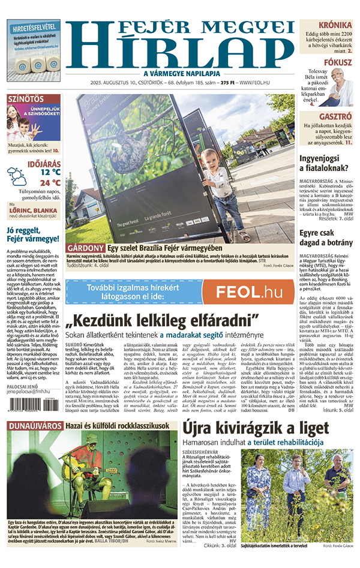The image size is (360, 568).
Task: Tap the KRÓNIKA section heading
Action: click(335, 25)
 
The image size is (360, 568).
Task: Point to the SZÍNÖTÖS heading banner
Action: click(25, 98)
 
